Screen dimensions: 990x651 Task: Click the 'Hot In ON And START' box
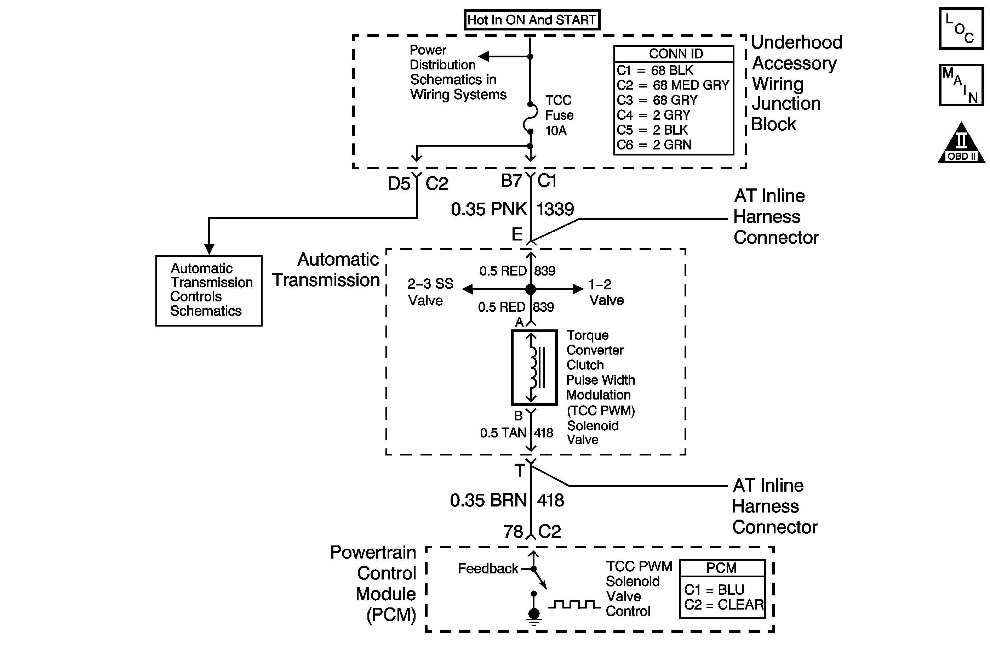tap(532, 19)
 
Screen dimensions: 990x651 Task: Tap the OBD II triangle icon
tap(961, 142)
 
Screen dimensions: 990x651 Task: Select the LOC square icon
tap(961, 29)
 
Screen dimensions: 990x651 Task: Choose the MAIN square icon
tap(961, 85)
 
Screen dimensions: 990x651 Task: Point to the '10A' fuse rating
tap(556, 131)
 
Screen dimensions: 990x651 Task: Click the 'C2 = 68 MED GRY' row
tap(673, 85)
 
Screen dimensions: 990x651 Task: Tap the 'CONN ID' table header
tap(676, 54)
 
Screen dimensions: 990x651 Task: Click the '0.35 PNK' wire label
tap(489, 209)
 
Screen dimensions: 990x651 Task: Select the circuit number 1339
tap(555, 209)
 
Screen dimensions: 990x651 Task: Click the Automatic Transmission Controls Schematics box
tap(209, 290)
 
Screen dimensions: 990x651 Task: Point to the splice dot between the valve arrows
tap(530, 289)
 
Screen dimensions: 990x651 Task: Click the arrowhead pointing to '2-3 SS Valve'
tap(468, 289)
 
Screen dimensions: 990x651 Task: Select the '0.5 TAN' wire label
tap(503, 433)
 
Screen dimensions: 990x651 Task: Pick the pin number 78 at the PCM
tap(513, 532)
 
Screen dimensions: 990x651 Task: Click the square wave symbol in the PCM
tap(574, 604)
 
